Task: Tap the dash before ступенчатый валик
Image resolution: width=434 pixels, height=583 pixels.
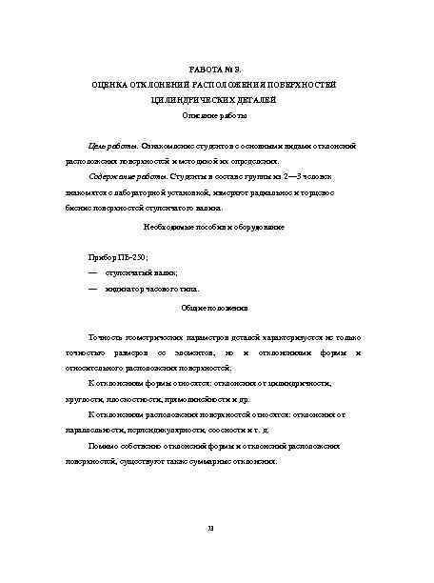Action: click(92, 272)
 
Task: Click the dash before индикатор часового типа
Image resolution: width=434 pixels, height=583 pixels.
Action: click(92, 288)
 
